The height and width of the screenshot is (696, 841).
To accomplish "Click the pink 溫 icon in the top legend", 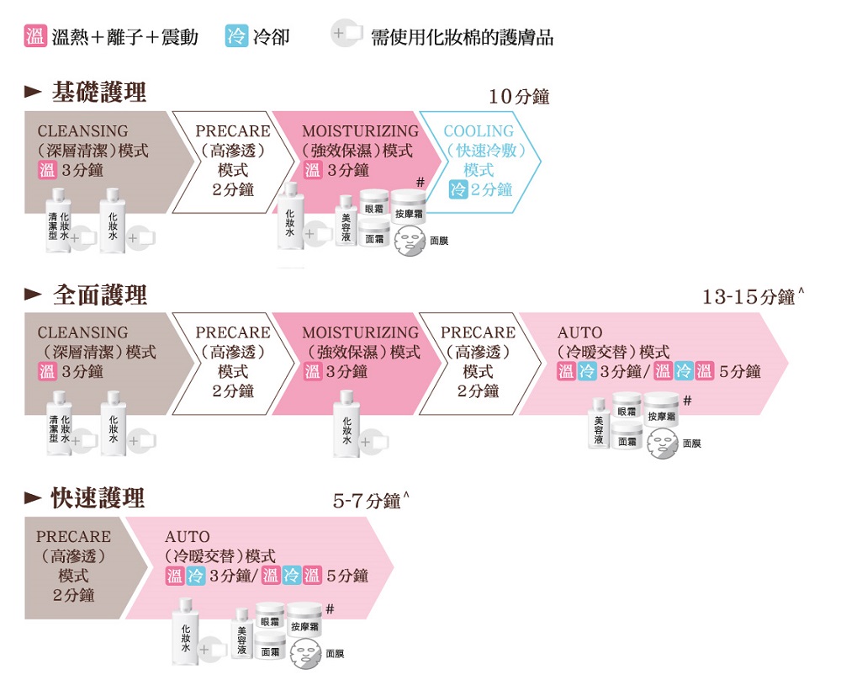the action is (35, 36).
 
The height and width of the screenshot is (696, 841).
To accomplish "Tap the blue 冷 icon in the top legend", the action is (236, 36).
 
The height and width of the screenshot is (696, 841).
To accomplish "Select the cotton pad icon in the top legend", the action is (346, 34).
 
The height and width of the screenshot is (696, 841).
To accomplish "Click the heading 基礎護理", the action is (99, 92).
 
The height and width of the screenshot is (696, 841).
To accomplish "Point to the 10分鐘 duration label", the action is (519, 97).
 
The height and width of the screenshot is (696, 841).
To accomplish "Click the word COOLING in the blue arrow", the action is (479, 131).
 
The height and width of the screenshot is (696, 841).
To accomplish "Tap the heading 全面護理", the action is (100, 295).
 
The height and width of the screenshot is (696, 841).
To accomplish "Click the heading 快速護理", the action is (98, 497).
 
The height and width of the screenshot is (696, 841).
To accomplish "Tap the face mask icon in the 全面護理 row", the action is (663, 444).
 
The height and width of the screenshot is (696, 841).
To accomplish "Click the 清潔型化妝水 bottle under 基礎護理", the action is (59, 220).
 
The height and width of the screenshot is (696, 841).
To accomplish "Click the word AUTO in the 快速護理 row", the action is (188, 537).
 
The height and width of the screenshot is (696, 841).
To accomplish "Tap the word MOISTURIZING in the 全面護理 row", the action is (361, 332).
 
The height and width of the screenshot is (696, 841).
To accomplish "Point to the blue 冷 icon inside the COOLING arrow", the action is (458, 189).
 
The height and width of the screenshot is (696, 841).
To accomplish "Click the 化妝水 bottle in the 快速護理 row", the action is (186, 631).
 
